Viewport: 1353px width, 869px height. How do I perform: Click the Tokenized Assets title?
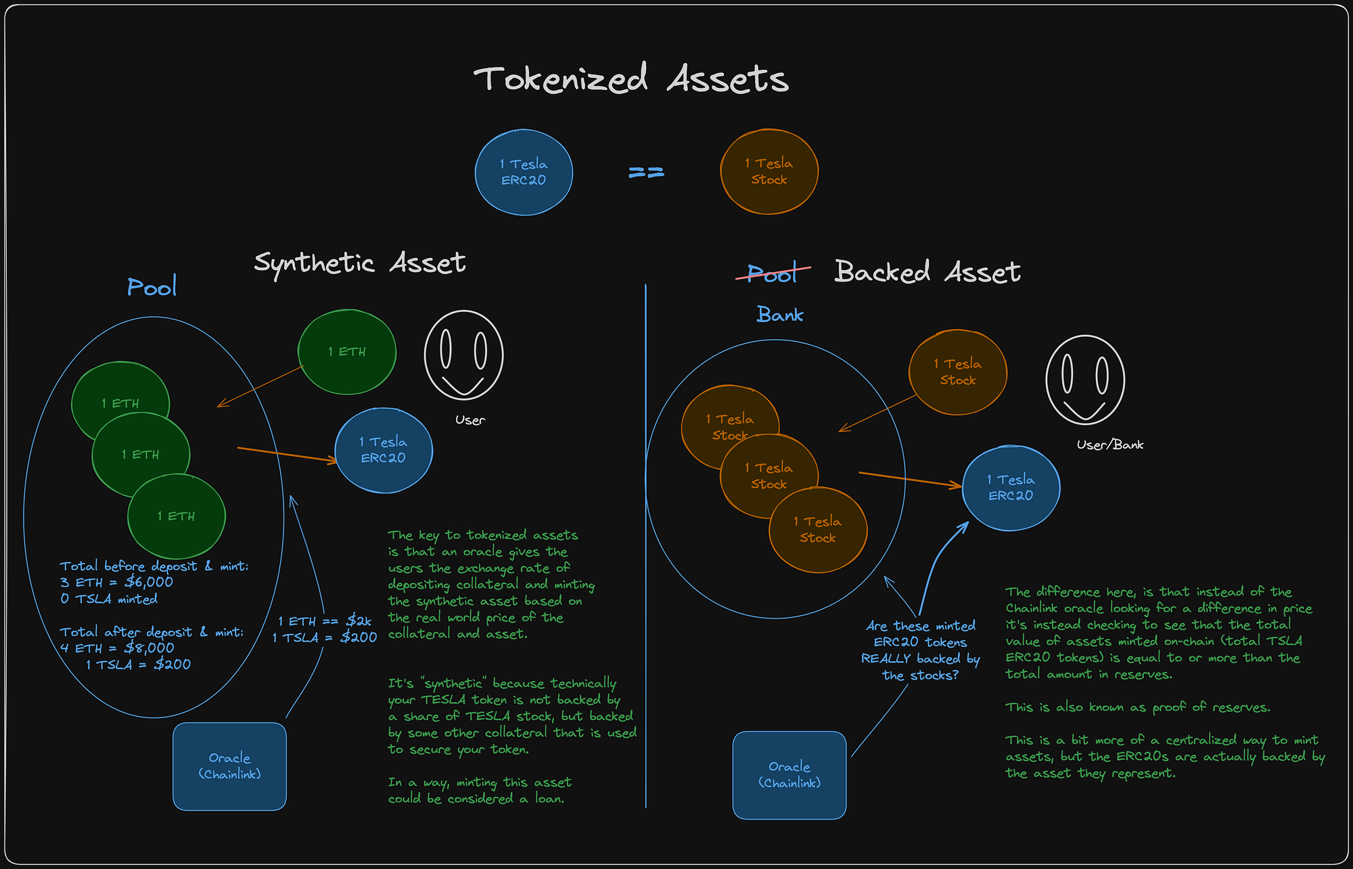click(x=630, y=79)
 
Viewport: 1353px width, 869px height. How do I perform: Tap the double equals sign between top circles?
click(x=646, y=173)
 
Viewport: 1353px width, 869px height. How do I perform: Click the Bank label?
click(x=779, y=315)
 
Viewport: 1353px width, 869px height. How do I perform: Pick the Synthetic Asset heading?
click(x=359, y=263)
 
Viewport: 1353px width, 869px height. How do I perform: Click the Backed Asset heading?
click(x=927, y=272)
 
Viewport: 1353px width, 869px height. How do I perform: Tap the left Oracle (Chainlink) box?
click(x=229, y=766)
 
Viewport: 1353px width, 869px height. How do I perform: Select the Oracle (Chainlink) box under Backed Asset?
click(x=789, y=775)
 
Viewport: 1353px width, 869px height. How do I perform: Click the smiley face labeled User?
click(x=463, y=355)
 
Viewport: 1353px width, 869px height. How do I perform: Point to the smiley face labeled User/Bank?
click(x=1084, y=380)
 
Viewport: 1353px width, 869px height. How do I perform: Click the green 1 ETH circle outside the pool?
click(x=346, y=352)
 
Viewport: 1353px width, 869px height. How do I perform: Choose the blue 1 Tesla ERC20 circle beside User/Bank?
click(x=1011, y=488)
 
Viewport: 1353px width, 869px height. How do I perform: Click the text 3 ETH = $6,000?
click(x=116, y=582)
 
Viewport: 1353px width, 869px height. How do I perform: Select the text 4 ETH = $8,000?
click(x=116, y=648)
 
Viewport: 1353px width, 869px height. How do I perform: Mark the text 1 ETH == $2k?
click(x=325, y=621)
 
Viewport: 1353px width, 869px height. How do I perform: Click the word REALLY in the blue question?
click(x=886, y=659)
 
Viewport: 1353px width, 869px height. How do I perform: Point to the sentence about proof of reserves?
click(x=1137, y=707)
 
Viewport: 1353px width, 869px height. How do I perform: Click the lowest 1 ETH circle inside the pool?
click(x=176, y=516)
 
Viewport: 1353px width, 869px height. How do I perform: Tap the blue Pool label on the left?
click(x=152, y=287)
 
